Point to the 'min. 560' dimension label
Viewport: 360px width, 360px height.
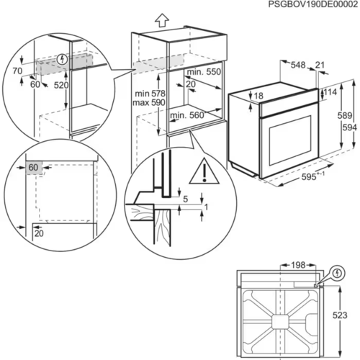[186, 115]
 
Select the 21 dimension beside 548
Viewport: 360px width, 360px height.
[319, 65]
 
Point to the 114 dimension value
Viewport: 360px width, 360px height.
[330, 92]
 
